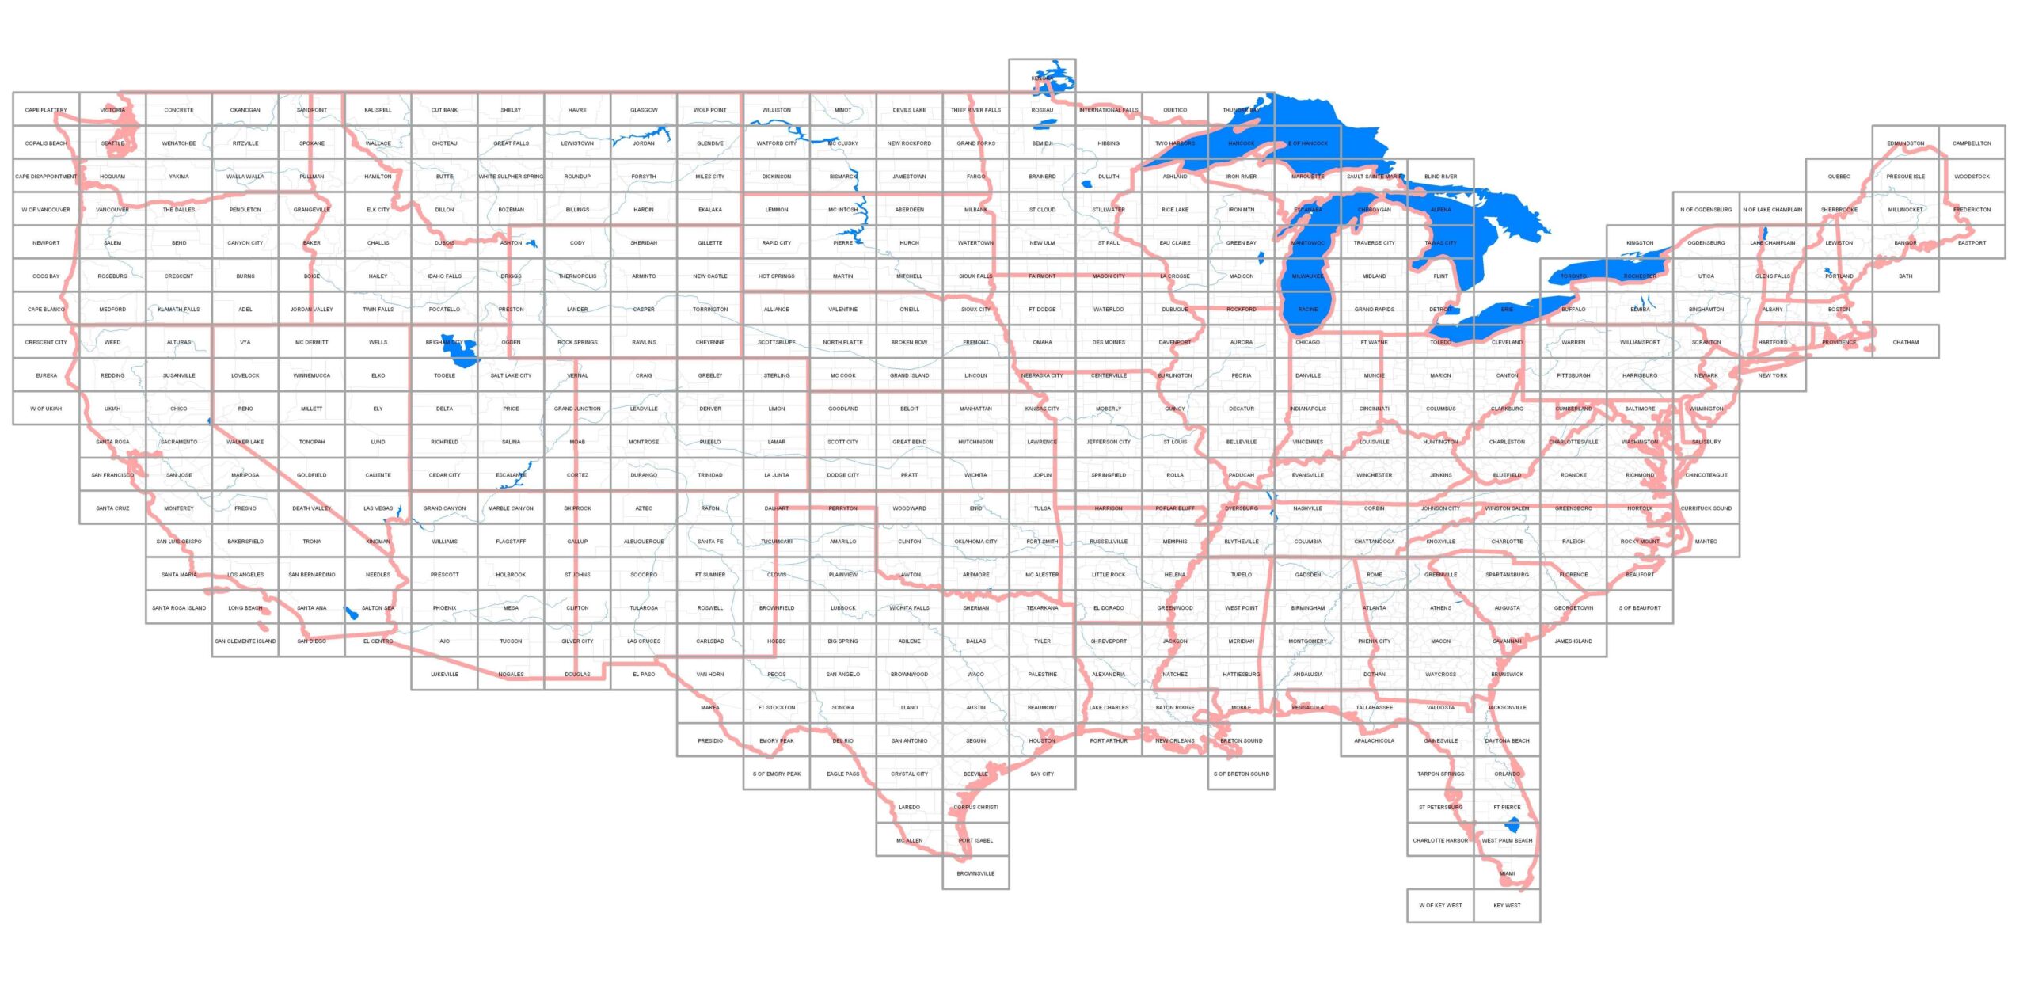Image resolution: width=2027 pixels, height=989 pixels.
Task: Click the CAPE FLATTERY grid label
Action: [x=46, y=110]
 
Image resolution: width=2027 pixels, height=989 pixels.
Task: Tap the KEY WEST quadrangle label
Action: [x=1506, y=905]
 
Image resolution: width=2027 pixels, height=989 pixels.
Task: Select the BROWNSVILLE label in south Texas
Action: [x=975, y=873]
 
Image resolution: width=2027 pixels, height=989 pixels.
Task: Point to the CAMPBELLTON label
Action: [x=1972, y=143]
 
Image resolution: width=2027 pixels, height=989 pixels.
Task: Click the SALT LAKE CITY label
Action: [x=511, y=375]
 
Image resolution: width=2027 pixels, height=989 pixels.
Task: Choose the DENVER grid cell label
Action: [x=710, y=409]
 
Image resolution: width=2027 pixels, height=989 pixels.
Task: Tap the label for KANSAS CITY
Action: [x=1042, y=409]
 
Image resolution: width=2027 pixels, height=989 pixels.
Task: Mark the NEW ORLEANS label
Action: [x=1175, y=740]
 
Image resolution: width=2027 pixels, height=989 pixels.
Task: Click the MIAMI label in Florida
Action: [x=1507, y=873]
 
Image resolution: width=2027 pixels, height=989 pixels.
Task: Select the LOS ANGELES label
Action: [x=245, y=575]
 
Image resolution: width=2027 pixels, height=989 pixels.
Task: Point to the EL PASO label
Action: [x=644, y=675]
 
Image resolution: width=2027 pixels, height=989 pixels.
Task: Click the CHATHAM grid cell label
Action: [x=1905, y=342]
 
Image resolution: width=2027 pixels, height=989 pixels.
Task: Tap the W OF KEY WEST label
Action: [x=1440, y=905]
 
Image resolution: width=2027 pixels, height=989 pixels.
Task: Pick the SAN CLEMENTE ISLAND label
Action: [x=245, y=641]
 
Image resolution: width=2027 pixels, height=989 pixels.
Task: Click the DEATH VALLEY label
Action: [x=312, y=508]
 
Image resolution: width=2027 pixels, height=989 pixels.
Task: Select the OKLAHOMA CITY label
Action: [x=975, y=542]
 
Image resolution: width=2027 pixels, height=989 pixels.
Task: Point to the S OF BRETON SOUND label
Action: [x=1242, y=774]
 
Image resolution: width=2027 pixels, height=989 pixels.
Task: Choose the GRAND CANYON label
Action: [x=444, y=508]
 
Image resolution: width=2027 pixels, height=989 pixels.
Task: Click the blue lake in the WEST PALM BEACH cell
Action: [x=1512, y=825]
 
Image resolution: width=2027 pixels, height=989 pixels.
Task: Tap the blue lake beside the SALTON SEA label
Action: [x=351, y=613]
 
